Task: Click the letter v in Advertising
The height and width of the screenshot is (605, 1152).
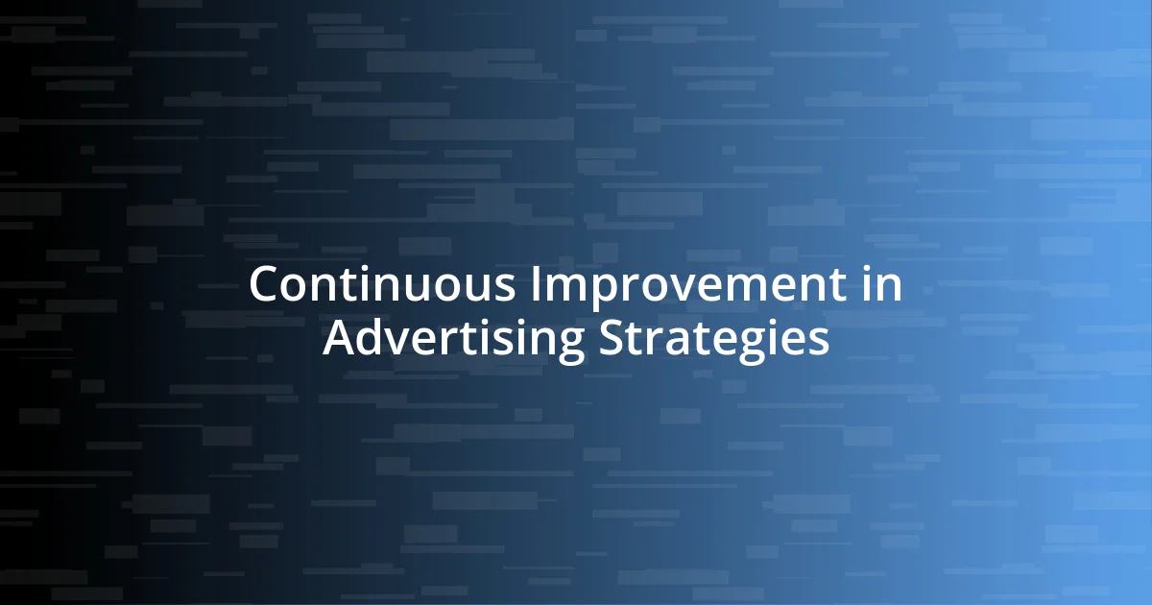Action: click(x=401, y=342)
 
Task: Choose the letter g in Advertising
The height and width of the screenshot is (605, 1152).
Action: click(x=570, y=344)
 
